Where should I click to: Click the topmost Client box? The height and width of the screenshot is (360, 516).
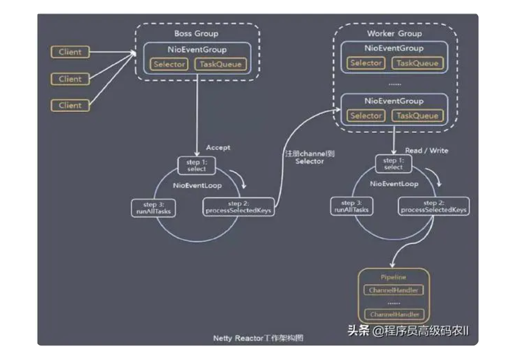coord(70,52)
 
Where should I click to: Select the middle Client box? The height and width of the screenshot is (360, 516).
coord(70,79)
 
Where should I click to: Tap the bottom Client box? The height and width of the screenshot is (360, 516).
coord(70,105)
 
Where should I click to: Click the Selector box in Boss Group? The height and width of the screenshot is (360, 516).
coord(169,64)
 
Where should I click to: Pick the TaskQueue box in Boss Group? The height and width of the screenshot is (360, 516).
coord(221,64)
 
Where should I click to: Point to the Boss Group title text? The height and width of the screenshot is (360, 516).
coord(196,34)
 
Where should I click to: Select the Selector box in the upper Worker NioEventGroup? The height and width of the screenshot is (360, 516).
coord(366,63)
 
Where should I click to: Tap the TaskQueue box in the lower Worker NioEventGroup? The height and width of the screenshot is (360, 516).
coord(417,115)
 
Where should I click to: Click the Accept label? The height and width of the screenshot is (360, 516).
coord(218,147)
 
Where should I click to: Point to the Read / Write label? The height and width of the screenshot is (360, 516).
coord(426,150)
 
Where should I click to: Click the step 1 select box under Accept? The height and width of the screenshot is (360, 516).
coord(197,165)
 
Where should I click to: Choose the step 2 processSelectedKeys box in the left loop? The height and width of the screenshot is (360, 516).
coord(238,207)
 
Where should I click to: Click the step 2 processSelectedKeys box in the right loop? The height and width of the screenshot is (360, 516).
coord(434,207)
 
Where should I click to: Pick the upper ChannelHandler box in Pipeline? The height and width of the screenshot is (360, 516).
coord(394,290)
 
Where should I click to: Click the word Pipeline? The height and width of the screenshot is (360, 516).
coord(394,277)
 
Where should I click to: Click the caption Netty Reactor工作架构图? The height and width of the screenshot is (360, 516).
coord(258,338)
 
